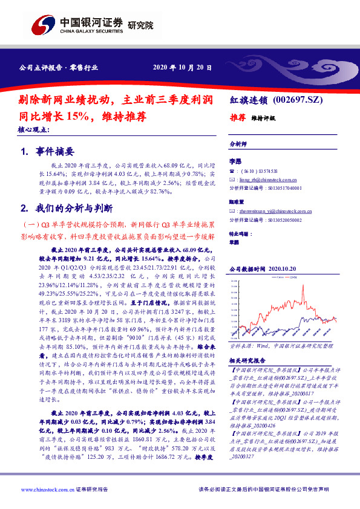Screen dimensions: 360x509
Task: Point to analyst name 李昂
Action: click(x=235, y=161)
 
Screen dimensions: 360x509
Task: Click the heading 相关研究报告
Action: click(x=245, y=360)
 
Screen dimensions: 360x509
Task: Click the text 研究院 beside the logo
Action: click(x=140, y=25)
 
